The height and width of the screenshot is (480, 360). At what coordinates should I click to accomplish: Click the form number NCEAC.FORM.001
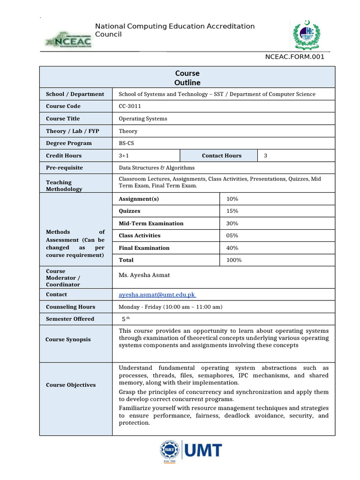(x=295, y=57)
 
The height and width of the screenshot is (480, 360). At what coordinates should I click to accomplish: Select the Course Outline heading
(x=187, y=78)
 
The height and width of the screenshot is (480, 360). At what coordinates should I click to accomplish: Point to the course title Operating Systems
(x=142, y=119)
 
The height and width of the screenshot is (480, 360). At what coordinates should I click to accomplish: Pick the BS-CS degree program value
(x=127, y=143)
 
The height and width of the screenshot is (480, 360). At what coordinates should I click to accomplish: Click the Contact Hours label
(x=222, y=156)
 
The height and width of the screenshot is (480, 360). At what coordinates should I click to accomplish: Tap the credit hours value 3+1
(x=124, y=156)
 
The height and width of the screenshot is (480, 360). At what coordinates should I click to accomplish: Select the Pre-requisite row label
(x=64, y=167)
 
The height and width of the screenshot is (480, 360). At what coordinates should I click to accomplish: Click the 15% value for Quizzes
(x=232, y=211)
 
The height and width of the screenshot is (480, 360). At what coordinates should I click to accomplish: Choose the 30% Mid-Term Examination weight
(x=232, y=223)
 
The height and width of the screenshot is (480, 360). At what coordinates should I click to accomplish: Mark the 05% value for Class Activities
(x=232, y=235)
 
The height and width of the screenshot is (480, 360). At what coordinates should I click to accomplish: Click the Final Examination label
(x=144, y=247)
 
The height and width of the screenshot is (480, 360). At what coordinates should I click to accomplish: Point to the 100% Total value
(x=234, y=260)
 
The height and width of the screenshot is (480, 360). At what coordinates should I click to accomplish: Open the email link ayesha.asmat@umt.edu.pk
(x=157, y=294)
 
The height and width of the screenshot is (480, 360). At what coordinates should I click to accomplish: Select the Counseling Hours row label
(x=70, y=307)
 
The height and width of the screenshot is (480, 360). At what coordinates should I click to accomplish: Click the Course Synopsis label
(x=68, y=339)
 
